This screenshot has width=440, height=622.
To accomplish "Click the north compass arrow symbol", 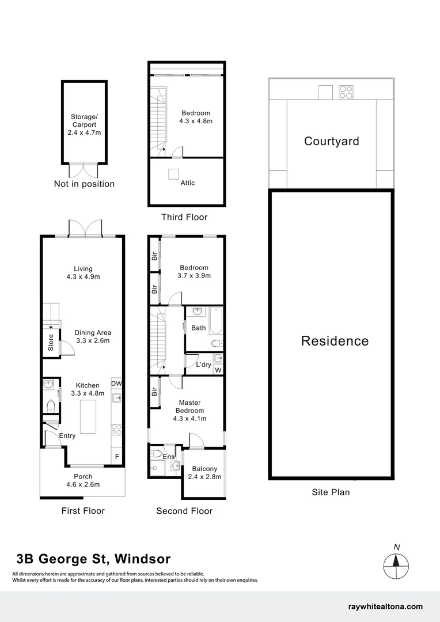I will [x=396, y=562].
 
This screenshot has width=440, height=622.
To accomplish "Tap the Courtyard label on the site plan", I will [x=331, y=141].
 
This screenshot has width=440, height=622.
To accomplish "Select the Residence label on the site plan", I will [x=335, y=341].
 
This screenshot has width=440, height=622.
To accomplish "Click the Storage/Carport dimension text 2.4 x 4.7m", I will [x=84, y=132].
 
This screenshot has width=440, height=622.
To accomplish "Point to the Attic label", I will [x=188, y=183].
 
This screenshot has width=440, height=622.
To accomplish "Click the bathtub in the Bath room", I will [x=216, y=321].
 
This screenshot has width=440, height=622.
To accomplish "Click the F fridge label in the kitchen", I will [x=117, y=457].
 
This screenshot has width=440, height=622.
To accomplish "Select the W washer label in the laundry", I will [x=218, y=370].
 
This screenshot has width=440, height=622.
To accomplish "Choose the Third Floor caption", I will [x=184, y=217].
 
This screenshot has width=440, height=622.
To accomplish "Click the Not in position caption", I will [x=84, y=184].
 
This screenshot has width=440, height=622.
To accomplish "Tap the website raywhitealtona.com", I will [x=386, y=606].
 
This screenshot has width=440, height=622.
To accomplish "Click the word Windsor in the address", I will [x=142, y=559].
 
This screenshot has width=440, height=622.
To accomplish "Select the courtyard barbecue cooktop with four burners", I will [x=346, y=92].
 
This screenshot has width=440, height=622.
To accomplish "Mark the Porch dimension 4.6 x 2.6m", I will [x=83, y=484].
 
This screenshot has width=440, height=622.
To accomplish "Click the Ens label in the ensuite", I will [x=168, y=457].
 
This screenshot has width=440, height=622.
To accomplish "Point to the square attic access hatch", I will [x=173, y=174].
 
